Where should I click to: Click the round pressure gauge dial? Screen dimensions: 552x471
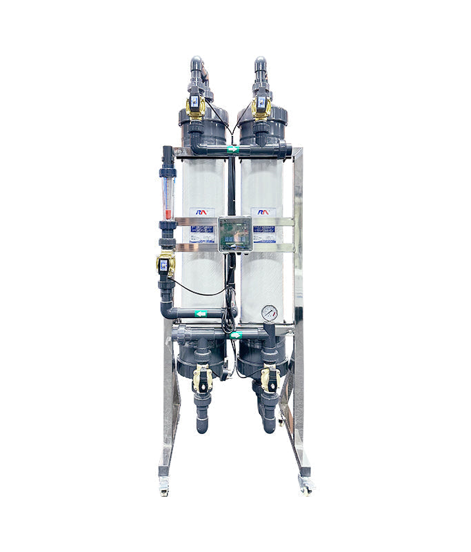pos(270,313)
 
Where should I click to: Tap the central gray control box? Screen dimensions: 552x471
pos(234,234)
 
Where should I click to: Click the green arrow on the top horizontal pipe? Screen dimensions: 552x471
pos(233,148)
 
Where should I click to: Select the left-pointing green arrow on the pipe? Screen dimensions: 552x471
pos(201,314)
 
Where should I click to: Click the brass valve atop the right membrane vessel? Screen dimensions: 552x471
pos(261,104)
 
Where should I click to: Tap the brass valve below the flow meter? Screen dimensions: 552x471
pos(166,264)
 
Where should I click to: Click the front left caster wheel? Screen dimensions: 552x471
pos(164,488)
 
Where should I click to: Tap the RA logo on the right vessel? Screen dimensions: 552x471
pos(263,213)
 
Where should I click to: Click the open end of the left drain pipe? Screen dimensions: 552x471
pos(202,428)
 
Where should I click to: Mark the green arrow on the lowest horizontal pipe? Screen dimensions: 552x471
pos(236,335)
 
